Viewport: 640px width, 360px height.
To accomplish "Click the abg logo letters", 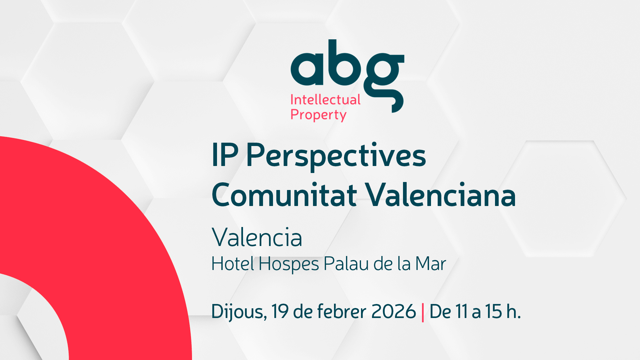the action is pyautogui.click(x=347, y=76).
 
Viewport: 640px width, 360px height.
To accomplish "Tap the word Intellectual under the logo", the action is pyautogui.click(x=325, y=100).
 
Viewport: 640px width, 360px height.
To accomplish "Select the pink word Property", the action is pyautogui.click(x=318, y=115).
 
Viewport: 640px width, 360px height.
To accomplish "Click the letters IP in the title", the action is pyautogui.click(x=225, y=155).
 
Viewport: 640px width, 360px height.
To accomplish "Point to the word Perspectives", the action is pyautogui.click(x=336, y=157).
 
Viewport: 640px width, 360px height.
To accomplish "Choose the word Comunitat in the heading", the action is pyautogui.click(x=284, y=195).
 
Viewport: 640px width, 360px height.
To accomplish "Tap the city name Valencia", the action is pyautogui.click(x=257, y=237).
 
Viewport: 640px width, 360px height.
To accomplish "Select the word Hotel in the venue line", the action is pyautogui.click(x=233, y=264).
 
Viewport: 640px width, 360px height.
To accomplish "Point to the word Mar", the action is pyautogui.click(x=430, y=264).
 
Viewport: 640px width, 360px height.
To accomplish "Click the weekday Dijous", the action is pyautogui.click(x=239, y=312).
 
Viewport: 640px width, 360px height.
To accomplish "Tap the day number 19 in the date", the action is pyautogui.click(x=280, y=311).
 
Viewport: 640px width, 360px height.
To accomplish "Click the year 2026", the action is pyautogui.click(x=394, y=311).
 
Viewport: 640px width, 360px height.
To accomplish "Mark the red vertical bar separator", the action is pyautogui.click(x=423, y=313).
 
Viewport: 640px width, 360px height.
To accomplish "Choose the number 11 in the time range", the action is pyautogui.click(x=461, y=311).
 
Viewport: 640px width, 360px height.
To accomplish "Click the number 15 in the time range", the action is pyautogui.click(x=493, y=311).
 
